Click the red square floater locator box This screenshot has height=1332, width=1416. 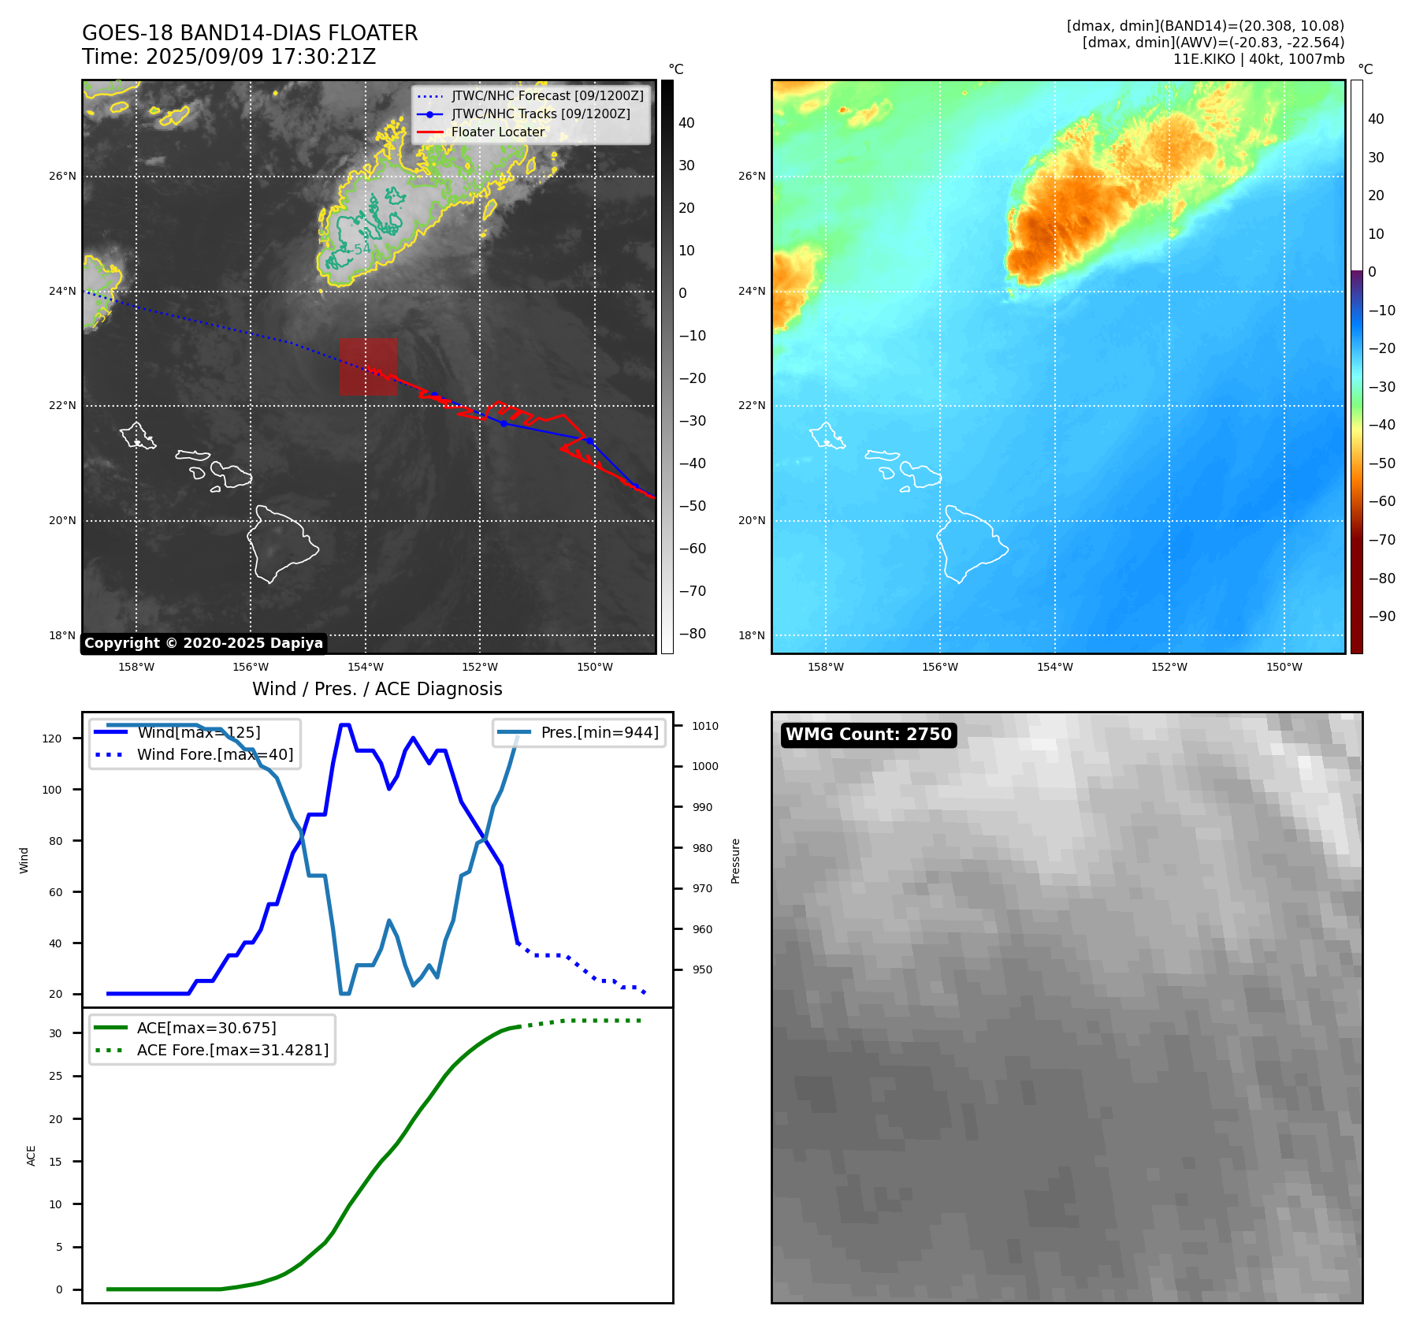point(368,366)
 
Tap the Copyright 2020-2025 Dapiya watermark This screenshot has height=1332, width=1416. point(203,643)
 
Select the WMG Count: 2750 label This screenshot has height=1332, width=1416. point(868,735)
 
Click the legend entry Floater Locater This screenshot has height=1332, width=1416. point(497,132)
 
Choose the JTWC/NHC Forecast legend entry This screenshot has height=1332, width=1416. point(547,96)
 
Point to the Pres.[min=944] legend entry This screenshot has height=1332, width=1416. point(599,732)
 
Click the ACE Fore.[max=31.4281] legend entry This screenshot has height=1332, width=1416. point(232,1050)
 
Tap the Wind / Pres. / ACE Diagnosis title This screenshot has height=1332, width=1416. point(377,689)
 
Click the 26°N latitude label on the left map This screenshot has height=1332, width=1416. point(62,177)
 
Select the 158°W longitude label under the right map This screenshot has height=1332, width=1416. point(825,668)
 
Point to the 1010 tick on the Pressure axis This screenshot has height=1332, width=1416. point(705,726)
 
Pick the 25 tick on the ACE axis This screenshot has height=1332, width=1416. point(55,1076)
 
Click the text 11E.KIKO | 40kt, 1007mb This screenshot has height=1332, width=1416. point(1258,59)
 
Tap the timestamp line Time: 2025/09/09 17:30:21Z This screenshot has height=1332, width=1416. point(229,57)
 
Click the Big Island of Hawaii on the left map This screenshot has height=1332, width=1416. point(280,544)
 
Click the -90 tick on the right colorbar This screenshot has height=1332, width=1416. point(1381,616)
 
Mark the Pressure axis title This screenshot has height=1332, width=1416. point(735,861)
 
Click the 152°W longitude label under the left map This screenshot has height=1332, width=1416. point(480,668)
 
